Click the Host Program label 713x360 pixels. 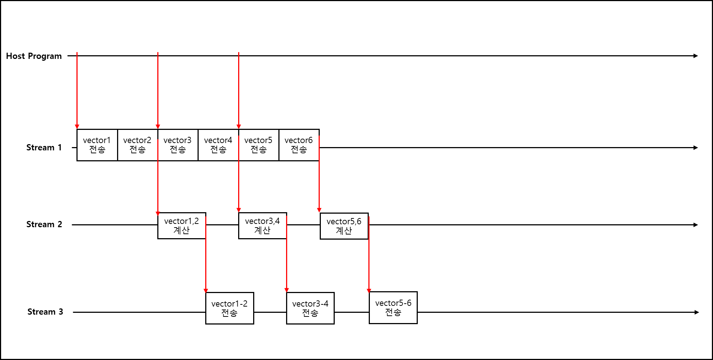pyautogui.click(x=34, y=56)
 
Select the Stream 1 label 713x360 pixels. pyautogui.click(x=44, y=147)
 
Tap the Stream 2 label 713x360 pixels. pyautogui.click(x=44, y=224)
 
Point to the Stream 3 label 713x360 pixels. pyautogui.click(x=45, y=312)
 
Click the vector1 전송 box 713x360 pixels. pyautogui.click(x=97, y=145)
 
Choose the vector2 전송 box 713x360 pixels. pyautogui.click(x=137, y=145)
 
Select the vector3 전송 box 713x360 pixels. pyautogui.click(x=178, y=145)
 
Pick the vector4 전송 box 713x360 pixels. pyautogui.click(x=218, y=145)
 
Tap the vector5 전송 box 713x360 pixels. pyautogui.click(x=258, y=145)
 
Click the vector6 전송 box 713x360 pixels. pyautogui.click(x=299, y=145)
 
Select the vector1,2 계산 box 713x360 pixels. pyautogui.click(x=181, y=226)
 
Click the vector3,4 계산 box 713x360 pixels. pyautogui.click(x=262, y=226)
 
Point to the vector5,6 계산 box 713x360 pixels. pyautogui.click(x=344, y=226)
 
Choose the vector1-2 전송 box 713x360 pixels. pyautogui.click(x=229, y=308)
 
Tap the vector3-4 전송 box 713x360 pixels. pyautogui.click(x=310, y=308)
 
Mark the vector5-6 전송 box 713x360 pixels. pyautogui.click(x=393, y=308)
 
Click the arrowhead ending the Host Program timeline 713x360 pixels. pyautogui.click(x=696, y=56)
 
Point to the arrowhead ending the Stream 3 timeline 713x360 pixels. pyautogui.click(x=697, y=312)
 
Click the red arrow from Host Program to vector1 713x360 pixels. pyautogui.click(x=77, y=91)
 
